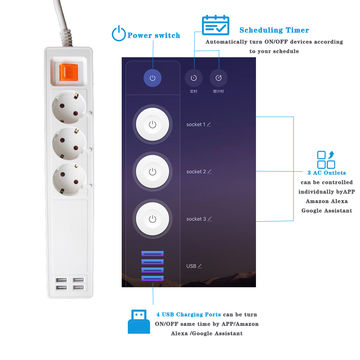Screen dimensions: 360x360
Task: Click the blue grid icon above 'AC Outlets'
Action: pyautogui.click(x=324, y=160)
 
